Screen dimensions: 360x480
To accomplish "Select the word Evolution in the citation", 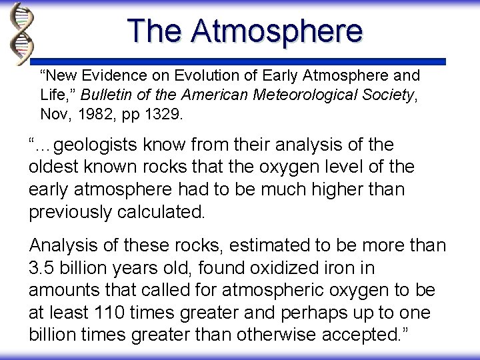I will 204,74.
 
